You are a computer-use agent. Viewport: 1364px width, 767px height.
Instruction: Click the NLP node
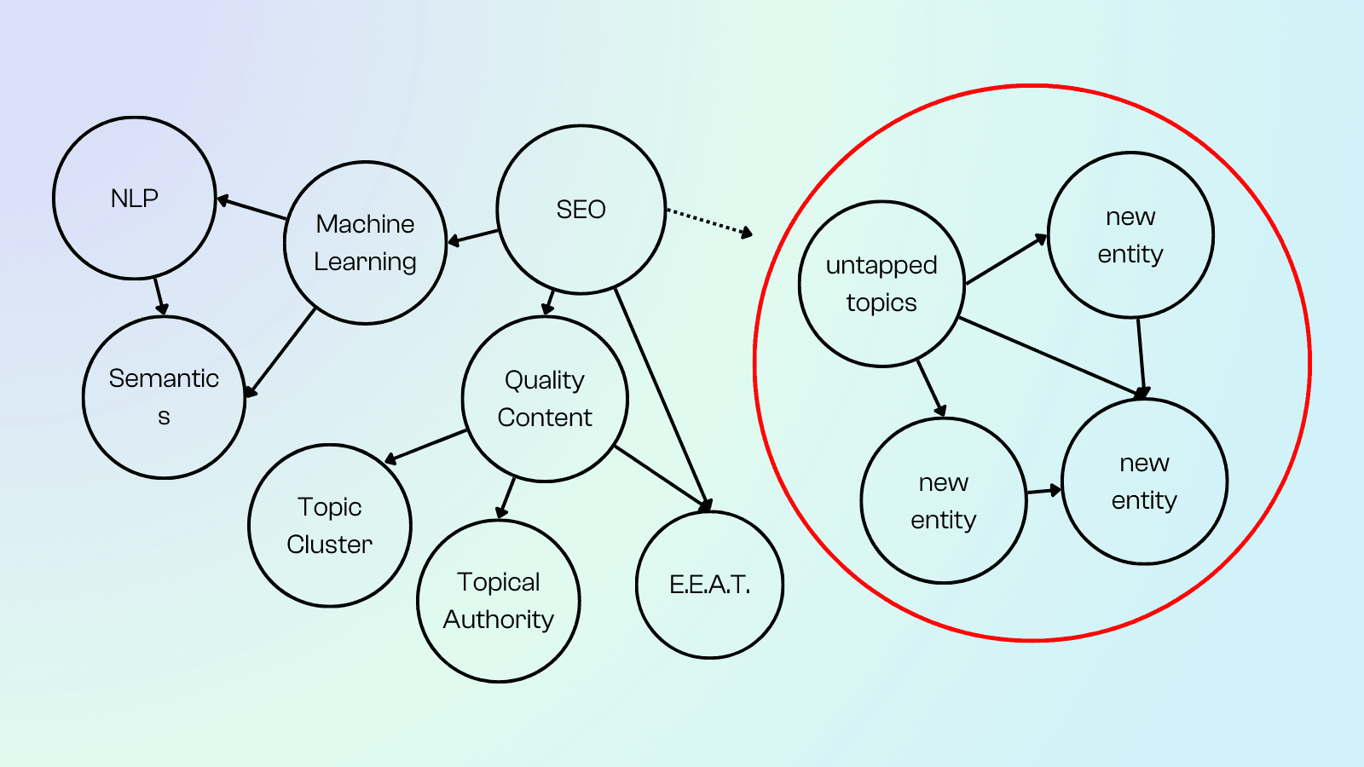click(135, 198)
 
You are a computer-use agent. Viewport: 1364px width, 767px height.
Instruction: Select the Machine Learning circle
click(365, 243)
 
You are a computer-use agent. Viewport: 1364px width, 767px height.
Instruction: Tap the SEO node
click(581, 210)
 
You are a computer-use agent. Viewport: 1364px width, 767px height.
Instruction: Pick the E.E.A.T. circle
click(709, 585)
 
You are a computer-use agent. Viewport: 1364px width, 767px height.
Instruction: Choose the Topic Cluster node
click(330, 526)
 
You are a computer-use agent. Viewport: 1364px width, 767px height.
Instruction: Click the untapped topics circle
click(881, 284)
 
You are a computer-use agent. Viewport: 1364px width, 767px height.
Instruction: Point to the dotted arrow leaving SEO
click(708, 221)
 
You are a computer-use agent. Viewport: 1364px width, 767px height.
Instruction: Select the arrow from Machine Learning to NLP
click(252, 209)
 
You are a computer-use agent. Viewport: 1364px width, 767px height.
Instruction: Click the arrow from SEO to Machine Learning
click(473, 236)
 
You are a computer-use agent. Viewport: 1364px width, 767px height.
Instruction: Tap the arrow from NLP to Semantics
click(159, 297)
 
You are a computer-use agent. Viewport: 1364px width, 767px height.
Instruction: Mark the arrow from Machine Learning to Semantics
click(281, 351)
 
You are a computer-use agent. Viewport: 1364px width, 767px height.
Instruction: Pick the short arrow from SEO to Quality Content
click(548, 303)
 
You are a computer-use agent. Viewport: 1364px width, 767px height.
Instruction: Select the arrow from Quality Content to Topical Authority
click(507, 497)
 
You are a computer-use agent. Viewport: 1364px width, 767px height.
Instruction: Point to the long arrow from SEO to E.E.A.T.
click(661, 397)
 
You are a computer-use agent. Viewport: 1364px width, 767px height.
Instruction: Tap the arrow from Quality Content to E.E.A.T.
click(661, 477)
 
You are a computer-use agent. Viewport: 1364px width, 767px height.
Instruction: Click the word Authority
click(499, 620)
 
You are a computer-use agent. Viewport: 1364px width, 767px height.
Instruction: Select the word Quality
click(545, 380)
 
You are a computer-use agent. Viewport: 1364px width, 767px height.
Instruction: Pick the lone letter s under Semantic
click(164, 417)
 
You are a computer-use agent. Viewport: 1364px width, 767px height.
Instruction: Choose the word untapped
click(881, 266)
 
